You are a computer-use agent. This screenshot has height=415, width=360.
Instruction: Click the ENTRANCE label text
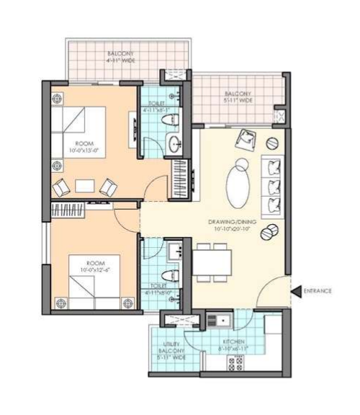point(318,291)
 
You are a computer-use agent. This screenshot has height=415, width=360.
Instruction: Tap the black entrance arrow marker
point(295,291)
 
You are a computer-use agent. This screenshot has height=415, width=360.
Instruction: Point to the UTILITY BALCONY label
point(170,351)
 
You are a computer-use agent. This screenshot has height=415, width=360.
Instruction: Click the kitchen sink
point(218,318)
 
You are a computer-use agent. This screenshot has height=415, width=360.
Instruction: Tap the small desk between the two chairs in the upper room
point(84,186)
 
